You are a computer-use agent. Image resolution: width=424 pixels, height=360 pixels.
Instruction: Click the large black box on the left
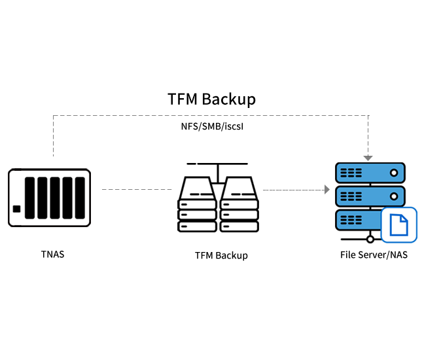pyautogui.click(x=49, y=198)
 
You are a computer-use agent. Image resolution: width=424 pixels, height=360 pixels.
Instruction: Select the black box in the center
pyautogui.click(x=218, y=198)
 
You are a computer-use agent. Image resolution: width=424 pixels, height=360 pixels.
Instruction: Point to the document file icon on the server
pyautogui.click(x=398, y=225)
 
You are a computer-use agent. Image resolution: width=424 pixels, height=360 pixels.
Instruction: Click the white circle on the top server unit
pyautogui.click(x=394, y=173)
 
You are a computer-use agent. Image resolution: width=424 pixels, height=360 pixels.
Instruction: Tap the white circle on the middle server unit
pyautogui.click(x=394, y=196)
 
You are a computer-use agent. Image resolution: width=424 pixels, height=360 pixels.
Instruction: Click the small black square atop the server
pyautogui.click(x=368, y=158)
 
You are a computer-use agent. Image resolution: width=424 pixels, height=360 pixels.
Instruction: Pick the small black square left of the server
pyautogui.click(x=327, y=190)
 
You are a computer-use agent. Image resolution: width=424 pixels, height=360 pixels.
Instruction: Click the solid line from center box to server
pyautogui.click(x=292, y=190)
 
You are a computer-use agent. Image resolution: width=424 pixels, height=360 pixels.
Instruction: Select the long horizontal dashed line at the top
pyautogui.click(x=209, y=115)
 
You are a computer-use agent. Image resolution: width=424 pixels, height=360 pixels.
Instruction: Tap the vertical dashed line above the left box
pyautogui.click(x=53, y=136)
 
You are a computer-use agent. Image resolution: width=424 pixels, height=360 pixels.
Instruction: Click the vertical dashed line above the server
pyautogui.click(x=368, y=134)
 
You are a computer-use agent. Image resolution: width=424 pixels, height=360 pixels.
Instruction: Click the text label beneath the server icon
pyautogui.click(x=374, y=255)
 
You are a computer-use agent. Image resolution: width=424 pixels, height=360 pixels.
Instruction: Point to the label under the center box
pyautogui.click(x=221, y=256)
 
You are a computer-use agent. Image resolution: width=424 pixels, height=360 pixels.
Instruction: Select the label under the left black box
pyautogui.click(x=52, y=255)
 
